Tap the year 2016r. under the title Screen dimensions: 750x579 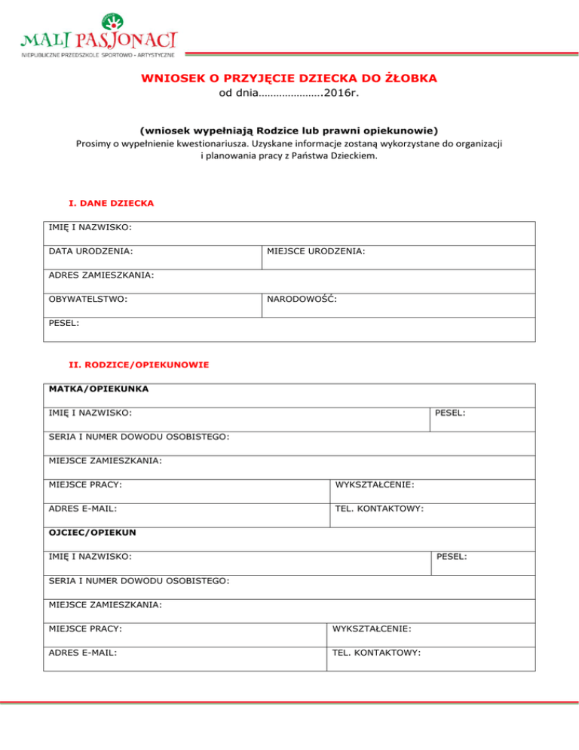coord(342,94)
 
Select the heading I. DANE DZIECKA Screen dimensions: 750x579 coord(111,204)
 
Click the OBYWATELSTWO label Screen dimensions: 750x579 coord(87,299)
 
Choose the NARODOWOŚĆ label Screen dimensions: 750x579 coord(301,299)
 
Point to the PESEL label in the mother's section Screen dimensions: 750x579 coord(449,413)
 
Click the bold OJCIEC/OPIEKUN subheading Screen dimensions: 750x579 coord(93,532)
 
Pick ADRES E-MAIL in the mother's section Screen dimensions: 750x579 coord(82,509)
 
